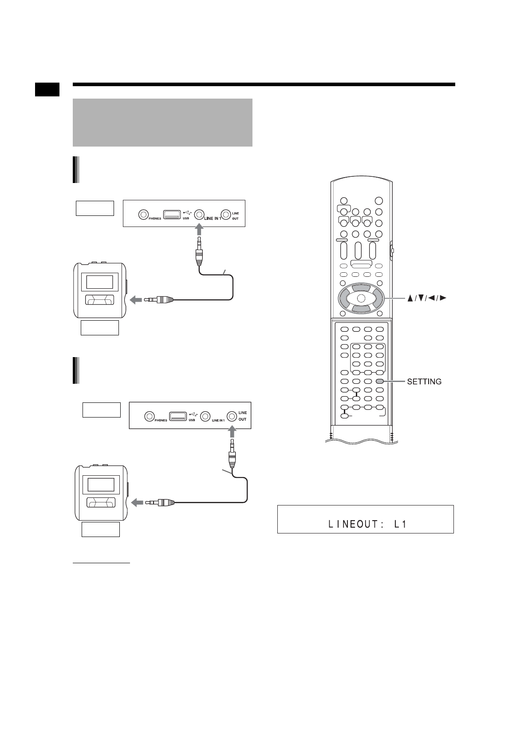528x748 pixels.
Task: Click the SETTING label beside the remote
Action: coord(424,382)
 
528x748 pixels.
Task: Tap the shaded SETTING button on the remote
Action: coord(379,381)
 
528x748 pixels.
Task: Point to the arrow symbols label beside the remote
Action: coord(426,299)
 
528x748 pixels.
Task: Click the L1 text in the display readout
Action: coord(401,524)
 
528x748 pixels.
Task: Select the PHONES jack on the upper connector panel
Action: coord(143,215)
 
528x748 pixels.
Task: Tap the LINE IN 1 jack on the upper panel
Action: coord(199,214)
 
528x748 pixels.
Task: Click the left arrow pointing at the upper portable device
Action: coord(136,300)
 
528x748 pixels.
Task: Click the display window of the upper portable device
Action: coord(99,282)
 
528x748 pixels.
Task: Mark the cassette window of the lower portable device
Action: coord(101,503)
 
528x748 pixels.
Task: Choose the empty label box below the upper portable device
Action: coord(100,327)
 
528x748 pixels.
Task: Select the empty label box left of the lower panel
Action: coord(102,410)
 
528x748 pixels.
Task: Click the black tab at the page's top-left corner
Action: coord(47,89)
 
